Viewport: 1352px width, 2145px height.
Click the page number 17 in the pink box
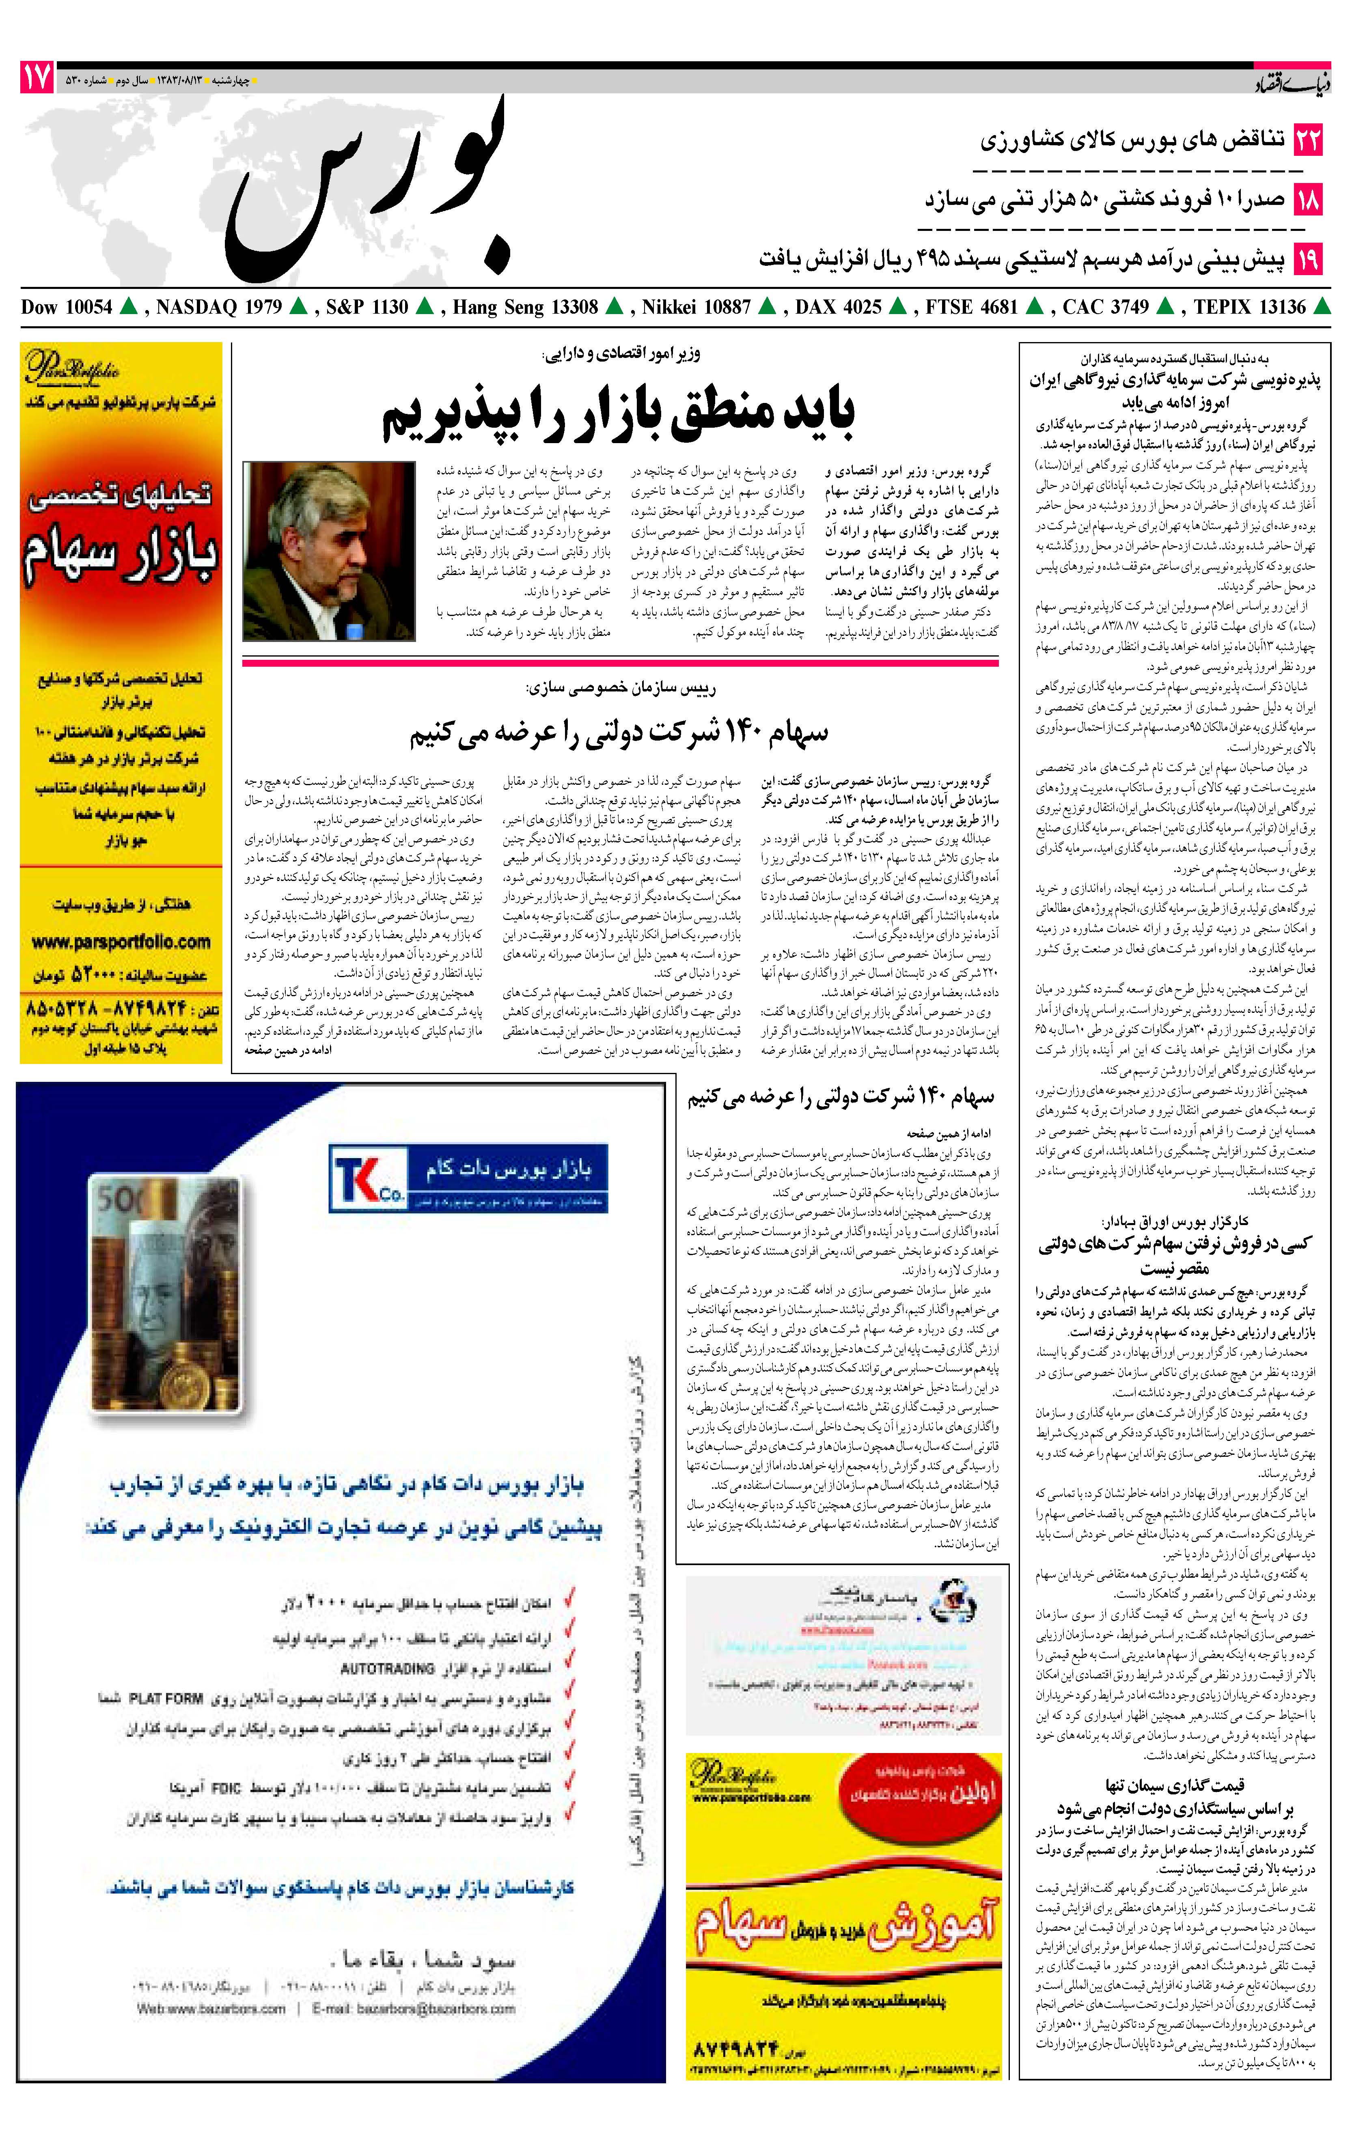(x=37, y=78)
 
